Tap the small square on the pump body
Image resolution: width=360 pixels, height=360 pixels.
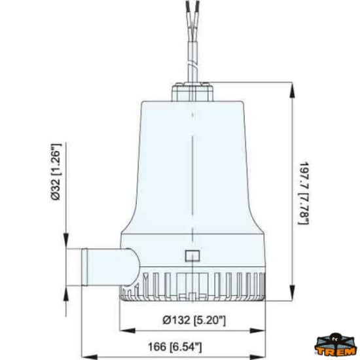click(192, 256)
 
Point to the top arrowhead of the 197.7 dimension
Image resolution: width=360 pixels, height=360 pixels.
click(290, 86)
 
